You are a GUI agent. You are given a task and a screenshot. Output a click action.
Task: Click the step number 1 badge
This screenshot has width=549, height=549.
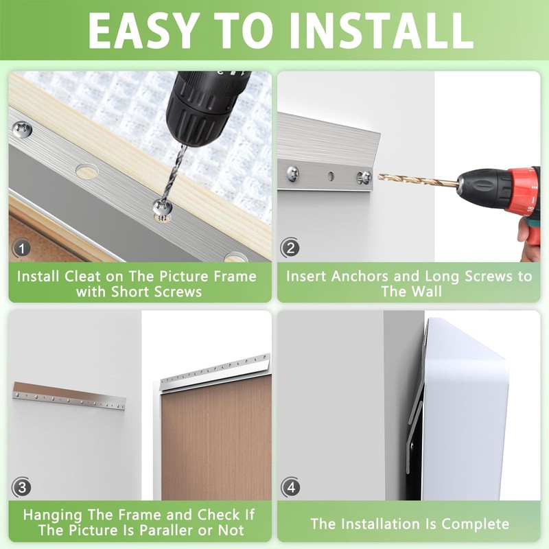pyautogui.click(x=22, y=248)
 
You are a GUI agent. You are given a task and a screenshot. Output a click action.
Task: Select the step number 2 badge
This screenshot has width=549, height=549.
pyautogui.click(x=290, y=248)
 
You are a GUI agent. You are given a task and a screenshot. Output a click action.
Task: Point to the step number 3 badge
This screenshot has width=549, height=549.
pyautogui.click(x=21, y=487)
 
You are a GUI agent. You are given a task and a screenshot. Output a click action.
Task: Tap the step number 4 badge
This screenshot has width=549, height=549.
pyautogui.click(x=290, y=487)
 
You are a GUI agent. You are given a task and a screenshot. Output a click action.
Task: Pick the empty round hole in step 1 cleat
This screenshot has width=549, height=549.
pyautogui.click(x=86, y=172)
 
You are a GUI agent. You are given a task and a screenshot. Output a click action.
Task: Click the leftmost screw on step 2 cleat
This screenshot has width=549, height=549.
pyautogui.click(x=293, y=174)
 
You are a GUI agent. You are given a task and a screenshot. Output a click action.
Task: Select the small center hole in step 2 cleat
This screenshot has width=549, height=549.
pyautogui.click(x=331, y=176)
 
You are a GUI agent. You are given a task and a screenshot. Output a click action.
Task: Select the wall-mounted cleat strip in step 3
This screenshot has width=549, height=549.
pyautogui.click(x=69, y=397)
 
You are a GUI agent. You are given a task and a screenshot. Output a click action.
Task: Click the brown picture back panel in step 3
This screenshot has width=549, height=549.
pyautogui.click(x=216, y=438)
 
